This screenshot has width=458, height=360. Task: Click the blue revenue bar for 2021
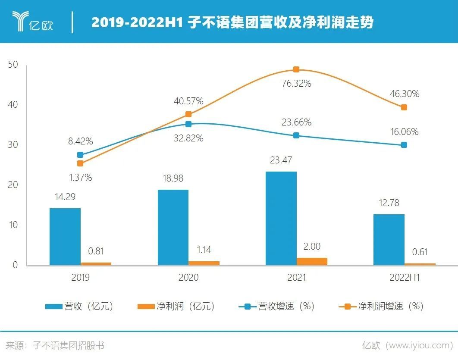(281, 218)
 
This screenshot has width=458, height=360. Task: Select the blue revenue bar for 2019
(65, 237)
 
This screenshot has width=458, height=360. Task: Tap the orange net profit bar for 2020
(204, 263)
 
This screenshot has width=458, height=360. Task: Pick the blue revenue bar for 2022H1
(389, 240)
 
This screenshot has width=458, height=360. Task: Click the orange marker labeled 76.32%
(296, 69)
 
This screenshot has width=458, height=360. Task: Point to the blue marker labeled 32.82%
(188, 124)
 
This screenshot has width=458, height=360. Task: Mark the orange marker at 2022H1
(404, 107)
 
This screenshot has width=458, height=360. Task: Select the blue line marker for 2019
(80, 155)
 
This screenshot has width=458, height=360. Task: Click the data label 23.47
(281, 160)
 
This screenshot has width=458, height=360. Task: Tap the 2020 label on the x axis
(188, 277)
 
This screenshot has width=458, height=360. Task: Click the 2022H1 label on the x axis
(404, 277)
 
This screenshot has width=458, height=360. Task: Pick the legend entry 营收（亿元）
(80, 307)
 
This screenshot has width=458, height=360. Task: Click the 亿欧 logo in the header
(32, 22)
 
